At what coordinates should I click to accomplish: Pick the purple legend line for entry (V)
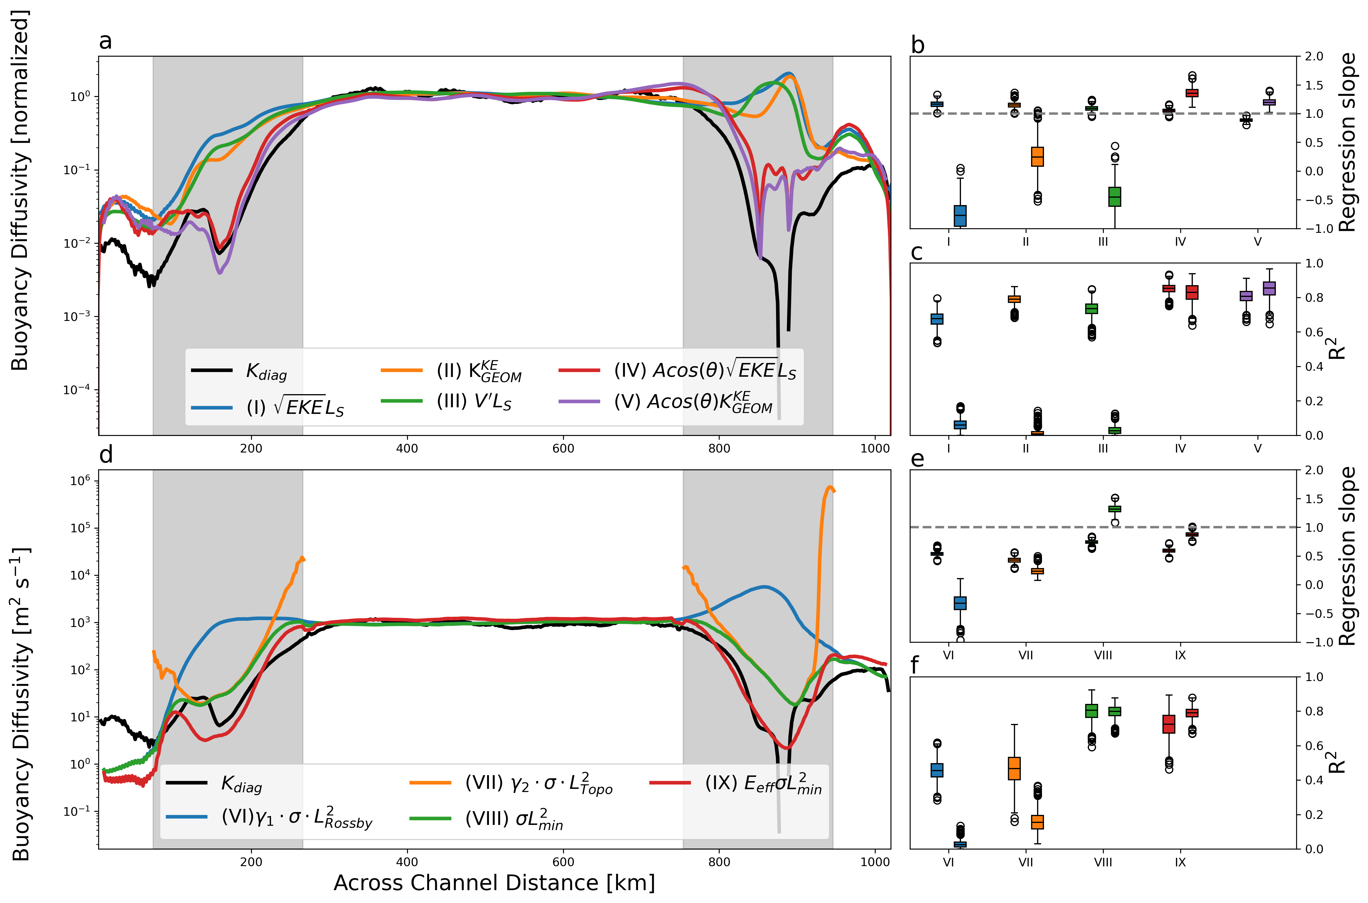point(579,401)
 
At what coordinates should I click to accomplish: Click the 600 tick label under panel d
point(563,862)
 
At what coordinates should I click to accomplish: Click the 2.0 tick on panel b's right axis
point(1314,56)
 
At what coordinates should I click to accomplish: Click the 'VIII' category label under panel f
point(1103,862)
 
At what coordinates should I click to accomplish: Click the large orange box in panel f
point(1014,768)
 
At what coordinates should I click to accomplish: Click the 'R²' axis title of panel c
point(1337,348)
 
